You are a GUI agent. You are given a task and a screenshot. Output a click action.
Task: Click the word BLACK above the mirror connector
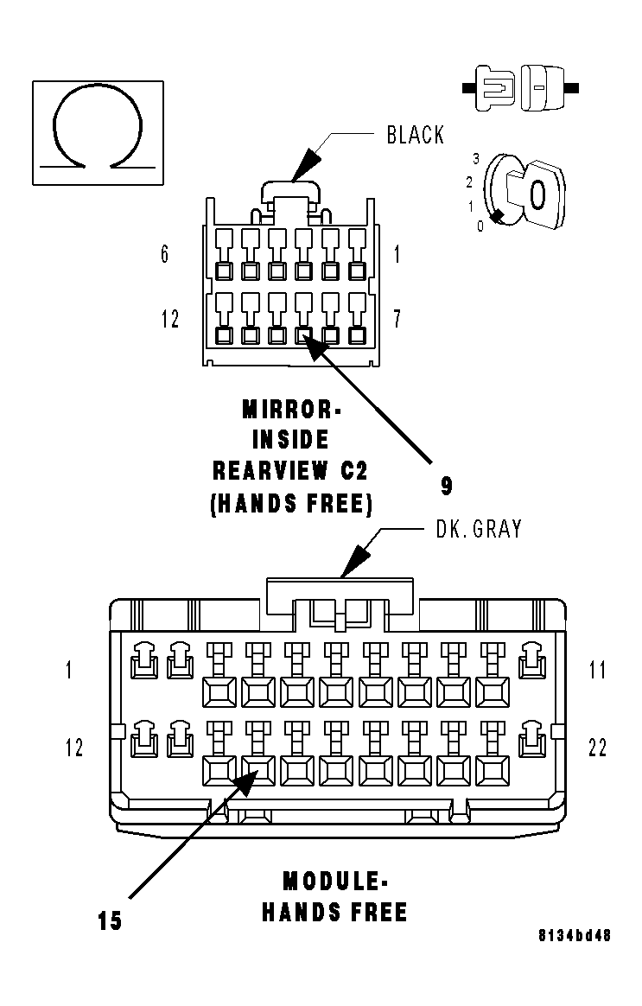pos(415,136)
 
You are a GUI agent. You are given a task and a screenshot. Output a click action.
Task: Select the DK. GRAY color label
pos(478,529)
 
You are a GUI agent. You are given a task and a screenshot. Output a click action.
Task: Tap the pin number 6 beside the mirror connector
pos(165,255)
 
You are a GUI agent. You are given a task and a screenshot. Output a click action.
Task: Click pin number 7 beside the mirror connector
pos(397,319)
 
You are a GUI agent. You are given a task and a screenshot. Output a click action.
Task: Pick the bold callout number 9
pos(446,486)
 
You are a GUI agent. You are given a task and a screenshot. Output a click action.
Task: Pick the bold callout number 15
pos(110,921)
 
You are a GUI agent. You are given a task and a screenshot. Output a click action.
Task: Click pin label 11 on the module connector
pos(597,670)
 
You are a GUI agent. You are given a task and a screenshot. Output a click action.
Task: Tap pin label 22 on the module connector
pos(597,748)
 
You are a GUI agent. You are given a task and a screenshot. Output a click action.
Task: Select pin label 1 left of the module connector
pos(69,670)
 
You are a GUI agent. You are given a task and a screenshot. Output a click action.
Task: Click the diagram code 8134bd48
pos(575,935)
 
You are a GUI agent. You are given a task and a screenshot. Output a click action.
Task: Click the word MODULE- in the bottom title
pos(335,882)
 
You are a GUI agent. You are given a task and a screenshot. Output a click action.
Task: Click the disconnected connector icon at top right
pos(520,87)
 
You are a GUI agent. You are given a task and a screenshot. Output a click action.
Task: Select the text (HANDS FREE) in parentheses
pos(291,504)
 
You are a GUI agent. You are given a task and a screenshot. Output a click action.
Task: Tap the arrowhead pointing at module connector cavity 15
pos(245,780)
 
